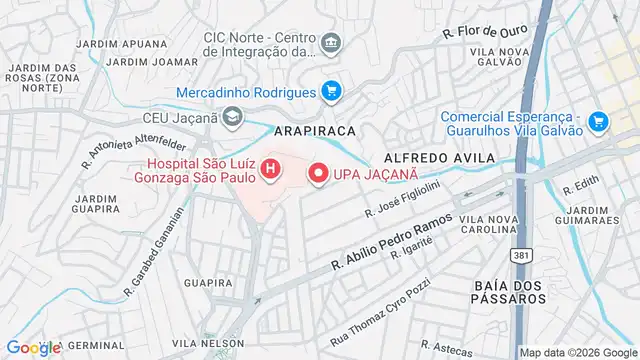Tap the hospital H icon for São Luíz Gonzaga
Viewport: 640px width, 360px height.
(269, 170)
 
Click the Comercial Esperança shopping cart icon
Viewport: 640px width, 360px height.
(598, 121)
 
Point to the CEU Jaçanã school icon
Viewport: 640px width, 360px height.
(232, 119)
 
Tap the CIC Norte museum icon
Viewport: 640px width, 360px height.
(332, 43)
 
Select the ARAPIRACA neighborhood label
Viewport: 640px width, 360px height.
(317, 131)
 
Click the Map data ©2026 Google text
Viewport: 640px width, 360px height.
(577, 352)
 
